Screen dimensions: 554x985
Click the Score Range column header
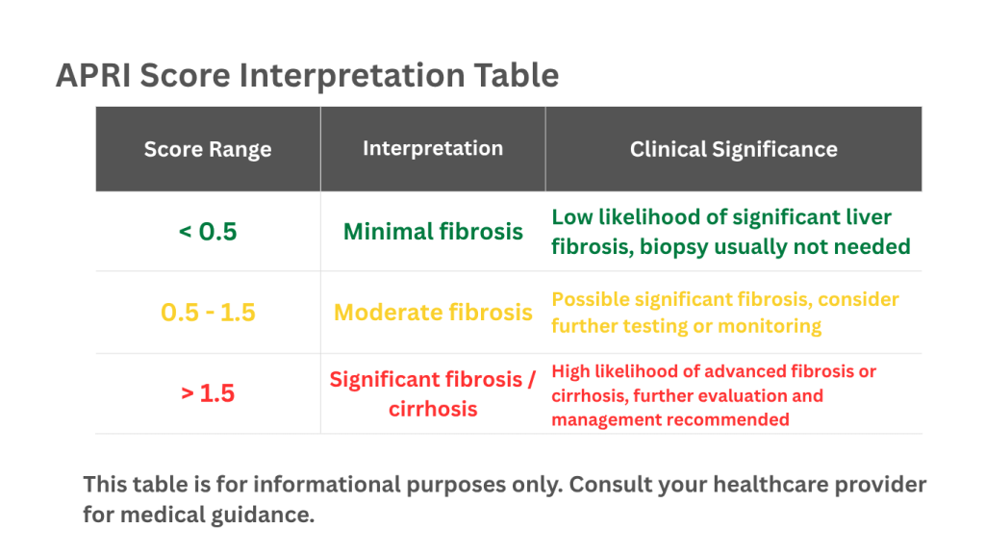pyautogui.click(x=208, y=150)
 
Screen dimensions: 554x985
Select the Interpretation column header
pyautogui.click(x=433, y=148)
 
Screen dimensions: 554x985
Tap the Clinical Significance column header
pyautogui.click(x=733, y=149)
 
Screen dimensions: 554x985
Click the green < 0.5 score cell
pyautogui.click(x=208, y=232)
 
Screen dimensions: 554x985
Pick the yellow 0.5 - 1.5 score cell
pyautogui.click(x=208, y=313)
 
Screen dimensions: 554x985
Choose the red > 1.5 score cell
pyautogui.click(x=208, y=393)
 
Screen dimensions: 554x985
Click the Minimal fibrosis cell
pyautogui.click(x=433, y=232)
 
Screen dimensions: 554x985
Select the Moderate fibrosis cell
pyautogui.click(x=433, y=313)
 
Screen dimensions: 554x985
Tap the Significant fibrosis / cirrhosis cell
pyautogui.click(x=433, y=393)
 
